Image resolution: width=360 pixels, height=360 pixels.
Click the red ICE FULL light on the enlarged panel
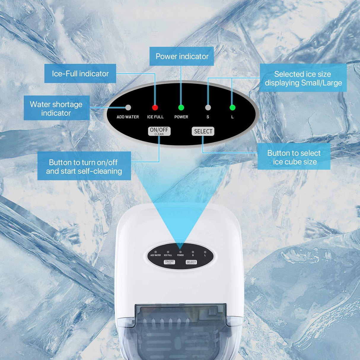[155, 107]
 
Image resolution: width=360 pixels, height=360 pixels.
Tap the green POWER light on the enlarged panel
[181, 107]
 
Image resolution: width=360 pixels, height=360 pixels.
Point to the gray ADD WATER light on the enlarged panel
[128, 107]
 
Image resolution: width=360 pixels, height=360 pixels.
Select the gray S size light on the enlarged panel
[208, 107]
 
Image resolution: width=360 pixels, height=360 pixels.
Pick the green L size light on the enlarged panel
[232, 107]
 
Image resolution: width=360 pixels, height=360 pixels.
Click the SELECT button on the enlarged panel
[203, 131]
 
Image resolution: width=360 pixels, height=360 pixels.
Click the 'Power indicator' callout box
[181, 56]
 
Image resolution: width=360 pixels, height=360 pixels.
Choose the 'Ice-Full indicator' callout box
[80, 74]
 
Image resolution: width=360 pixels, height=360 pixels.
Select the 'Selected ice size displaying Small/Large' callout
[303, 78]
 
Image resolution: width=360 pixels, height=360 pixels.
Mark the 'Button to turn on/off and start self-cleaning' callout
[84, 166]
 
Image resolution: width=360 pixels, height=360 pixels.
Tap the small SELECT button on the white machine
[191, 262]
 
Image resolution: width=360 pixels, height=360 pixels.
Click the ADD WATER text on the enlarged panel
[128, 117]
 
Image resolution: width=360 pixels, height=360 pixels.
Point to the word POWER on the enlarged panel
[181, 117]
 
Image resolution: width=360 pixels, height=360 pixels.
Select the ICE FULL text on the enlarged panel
[155, 117]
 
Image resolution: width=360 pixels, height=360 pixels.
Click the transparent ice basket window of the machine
[181, 329]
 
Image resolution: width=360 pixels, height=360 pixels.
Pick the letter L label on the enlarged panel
[232, 117]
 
